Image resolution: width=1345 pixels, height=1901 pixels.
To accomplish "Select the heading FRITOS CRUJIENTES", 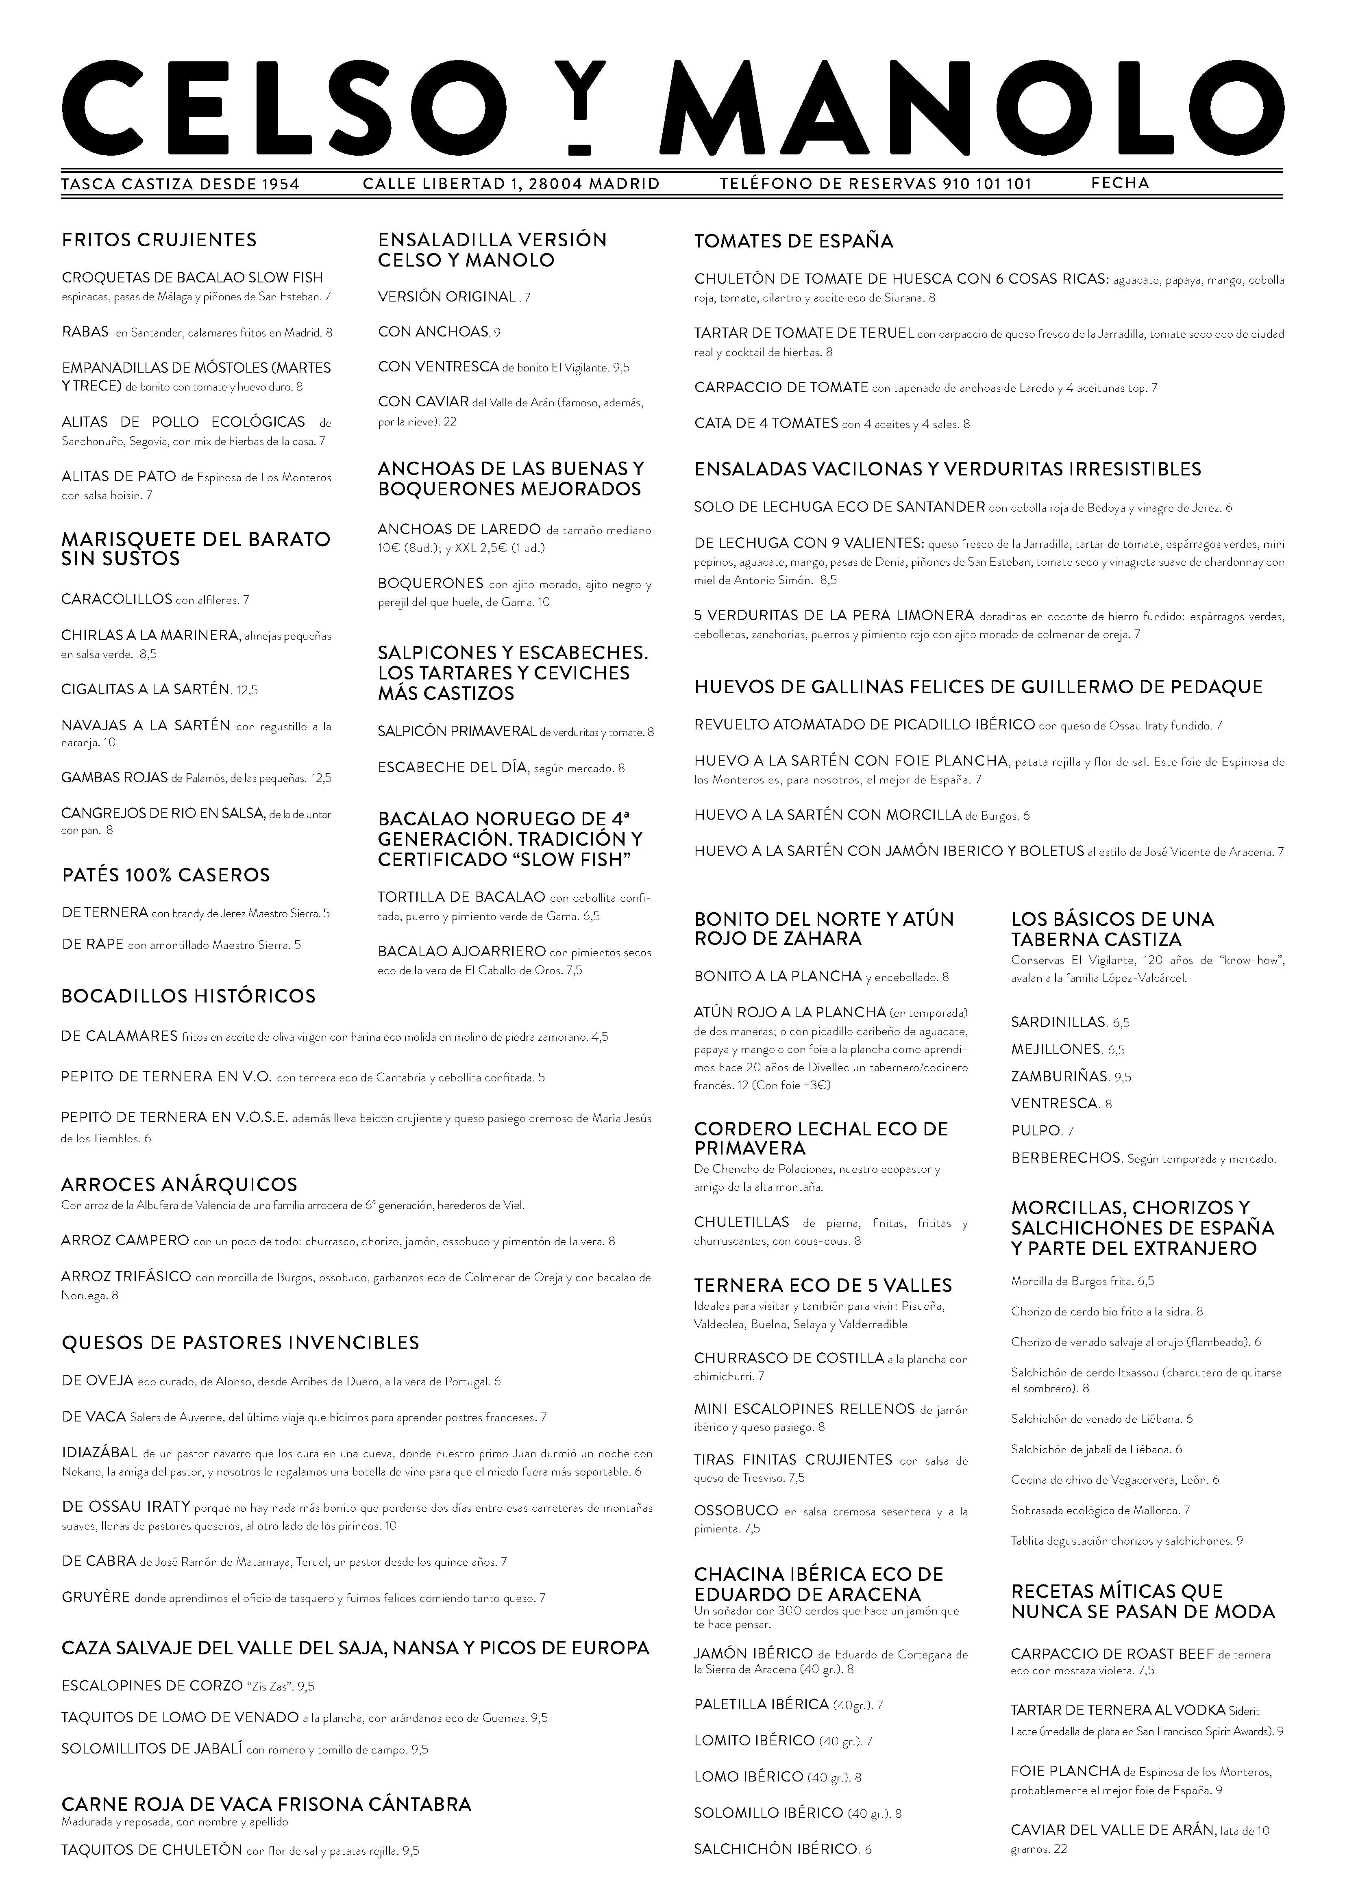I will click(x=159, y=240).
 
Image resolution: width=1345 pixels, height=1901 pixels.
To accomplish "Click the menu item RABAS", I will click(x=85, y=332).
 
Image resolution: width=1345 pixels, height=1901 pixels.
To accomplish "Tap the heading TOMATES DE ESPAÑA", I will click(x=793, y=242).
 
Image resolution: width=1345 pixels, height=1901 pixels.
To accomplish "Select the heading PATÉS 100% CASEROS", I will click(x=165, y=875).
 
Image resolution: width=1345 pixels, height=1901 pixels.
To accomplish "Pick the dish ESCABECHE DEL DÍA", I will click(x=452, y=768).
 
